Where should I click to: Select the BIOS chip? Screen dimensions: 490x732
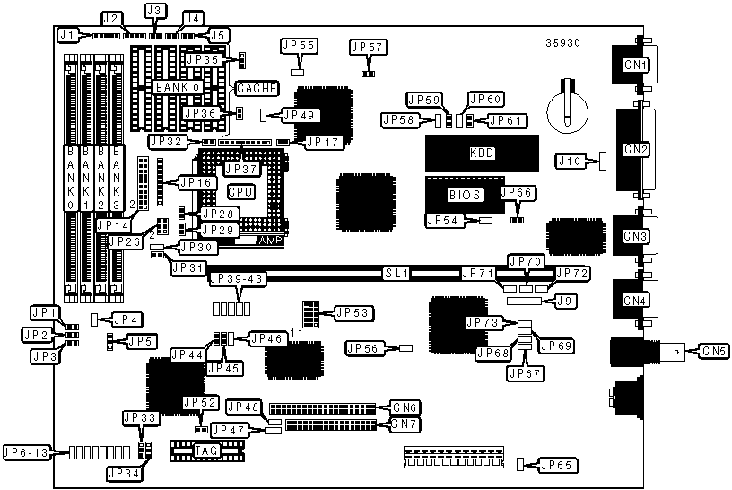(466, 194)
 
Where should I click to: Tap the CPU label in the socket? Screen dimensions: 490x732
(240, 192)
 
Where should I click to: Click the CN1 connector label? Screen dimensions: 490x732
(636, 65)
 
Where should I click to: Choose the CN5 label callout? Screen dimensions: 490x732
(712, 350)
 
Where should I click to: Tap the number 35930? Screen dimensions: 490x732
(562, 42)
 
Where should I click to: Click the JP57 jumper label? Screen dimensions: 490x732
(367, 46)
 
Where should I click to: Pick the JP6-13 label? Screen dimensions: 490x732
(27, 451)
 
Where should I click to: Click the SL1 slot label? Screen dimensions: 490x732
(396, 271)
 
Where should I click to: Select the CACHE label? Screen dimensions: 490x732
(257, 88)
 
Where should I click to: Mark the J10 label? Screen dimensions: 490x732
(571, 161)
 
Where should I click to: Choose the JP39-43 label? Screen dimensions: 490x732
(235, 279)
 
